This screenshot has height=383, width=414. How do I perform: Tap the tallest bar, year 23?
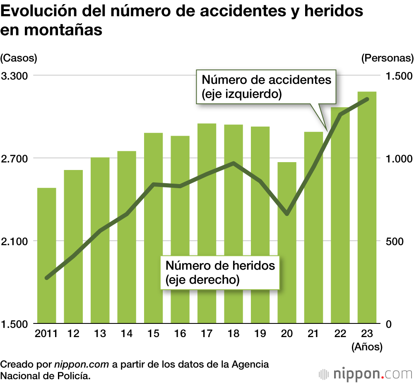coord(367,207)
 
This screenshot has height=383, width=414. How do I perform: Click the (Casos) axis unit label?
coord(19,58)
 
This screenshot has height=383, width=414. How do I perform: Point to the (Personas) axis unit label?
coord(387,58)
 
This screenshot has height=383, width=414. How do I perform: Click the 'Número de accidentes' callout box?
coord(266,86)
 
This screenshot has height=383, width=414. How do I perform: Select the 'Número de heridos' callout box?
coord(220,272)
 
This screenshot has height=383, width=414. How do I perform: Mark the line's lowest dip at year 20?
coord(287,214)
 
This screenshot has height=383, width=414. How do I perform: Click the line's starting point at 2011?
coord(47,278)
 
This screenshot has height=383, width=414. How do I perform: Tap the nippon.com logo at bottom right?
coord(366,374)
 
